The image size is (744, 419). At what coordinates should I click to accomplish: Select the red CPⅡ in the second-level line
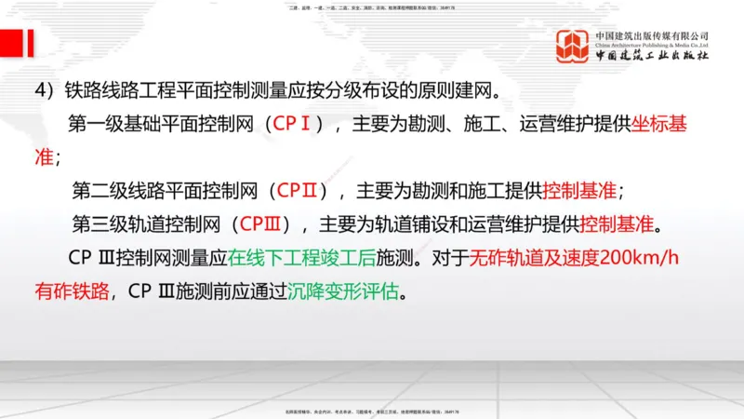click(301, 192)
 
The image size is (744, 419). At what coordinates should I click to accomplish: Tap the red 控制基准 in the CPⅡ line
click(580, 192)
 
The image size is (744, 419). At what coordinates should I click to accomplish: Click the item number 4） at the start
click(46, 91)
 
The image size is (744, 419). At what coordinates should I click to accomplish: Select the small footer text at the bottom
click(372, 411)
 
